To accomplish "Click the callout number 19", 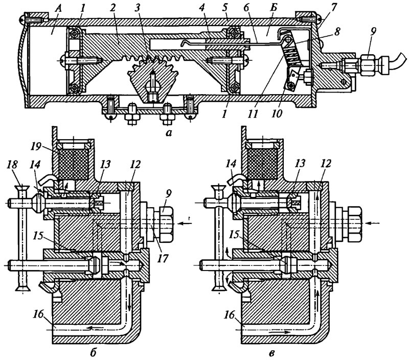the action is click(x=36, y=147).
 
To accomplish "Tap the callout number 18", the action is click(x=12, y=164).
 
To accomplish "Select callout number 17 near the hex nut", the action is click(x=162, y=258).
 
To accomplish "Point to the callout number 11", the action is click(x=253, y=114).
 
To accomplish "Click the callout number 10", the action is click(x=277, y=114).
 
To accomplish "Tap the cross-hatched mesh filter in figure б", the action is click(x=74, y=165).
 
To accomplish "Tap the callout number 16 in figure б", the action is click(x=38, y=314).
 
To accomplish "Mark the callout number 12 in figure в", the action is click(x=326, y=164).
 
